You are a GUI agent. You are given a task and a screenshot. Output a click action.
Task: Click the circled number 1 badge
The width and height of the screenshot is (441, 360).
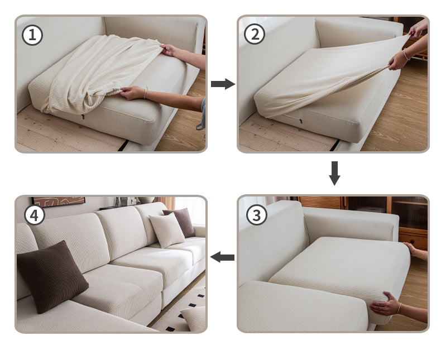click(32, 35)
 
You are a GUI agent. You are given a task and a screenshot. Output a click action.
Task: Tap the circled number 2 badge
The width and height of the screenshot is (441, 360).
click(255, 35)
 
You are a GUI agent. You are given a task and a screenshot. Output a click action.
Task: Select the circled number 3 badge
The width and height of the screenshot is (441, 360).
click(256, 215)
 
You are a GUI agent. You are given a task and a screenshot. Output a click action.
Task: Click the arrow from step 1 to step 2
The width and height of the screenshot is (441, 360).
click(223, 84)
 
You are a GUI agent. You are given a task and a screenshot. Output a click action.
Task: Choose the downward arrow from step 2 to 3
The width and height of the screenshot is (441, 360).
click(334, 173)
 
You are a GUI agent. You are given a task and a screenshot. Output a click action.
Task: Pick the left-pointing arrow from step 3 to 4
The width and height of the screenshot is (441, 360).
click(223, 257)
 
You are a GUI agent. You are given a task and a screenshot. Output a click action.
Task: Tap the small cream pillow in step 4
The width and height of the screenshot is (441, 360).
click(166, 229)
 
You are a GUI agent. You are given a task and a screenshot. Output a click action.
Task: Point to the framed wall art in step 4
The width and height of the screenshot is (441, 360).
click(59, 201)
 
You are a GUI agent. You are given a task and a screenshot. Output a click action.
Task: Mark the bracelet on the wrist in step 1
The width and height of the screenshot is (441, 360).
click(145, 93)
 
